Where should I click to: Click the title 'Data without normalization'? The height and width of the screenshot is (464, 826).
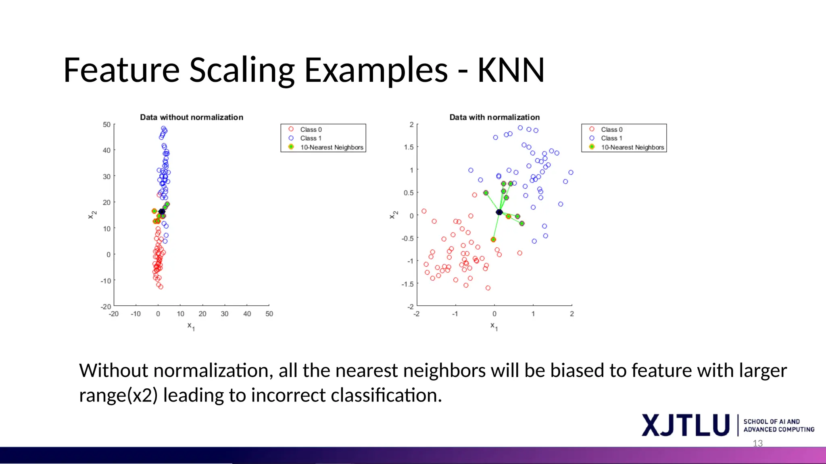click(192, 117)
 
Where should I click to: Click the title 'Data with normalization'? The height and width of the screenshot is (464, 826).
click(494, 117)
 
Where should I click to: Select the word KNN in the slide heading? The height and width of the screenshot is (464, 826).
click(511, 70)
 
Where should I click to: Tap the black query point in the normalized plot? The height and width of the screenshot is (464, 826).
click(499, 212)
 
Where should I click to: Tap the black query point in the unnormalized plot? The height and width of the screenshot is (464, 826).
click(162, 211)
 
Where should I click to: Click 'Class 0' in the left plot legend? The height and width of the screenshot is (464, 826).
click(311, 130)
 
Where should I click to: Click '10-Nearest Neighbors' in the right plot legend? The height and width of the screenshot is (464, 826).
click(632, 147)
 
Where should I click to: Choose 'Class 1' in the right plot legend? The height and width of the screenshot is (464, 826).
click(611, 138)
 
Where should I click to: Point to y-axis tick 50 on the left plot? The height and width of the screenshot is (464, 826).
click(106, 125)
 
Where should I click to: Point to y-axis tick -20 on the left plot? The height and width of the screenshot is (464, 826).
click(106, 307)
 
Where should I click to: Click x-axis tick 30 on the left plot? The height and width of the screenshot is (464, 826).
click(225, 314)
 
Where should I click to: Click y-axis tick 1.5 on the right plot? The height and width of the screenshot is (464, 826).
click(409, 147)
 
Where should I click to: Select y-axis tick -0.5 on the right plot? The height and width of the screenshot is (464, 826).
click(407, 238)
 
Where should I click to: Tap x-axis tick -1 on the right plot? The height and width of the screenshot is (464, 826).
click(455, 314)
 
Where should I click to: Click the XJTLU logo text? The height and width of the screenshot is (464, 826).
click(686, 425)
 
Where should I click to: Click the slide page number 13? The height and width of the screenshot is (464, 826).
click(757, 443)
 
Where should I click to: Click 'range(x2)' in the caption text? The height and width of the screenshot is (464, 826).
click(118, 395)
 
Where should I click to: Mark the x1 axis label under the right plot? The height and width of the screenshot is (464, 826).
click(494, 326)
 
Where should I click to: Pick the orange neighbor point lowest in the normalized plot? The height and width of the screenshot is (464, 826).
click(493, 240)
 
